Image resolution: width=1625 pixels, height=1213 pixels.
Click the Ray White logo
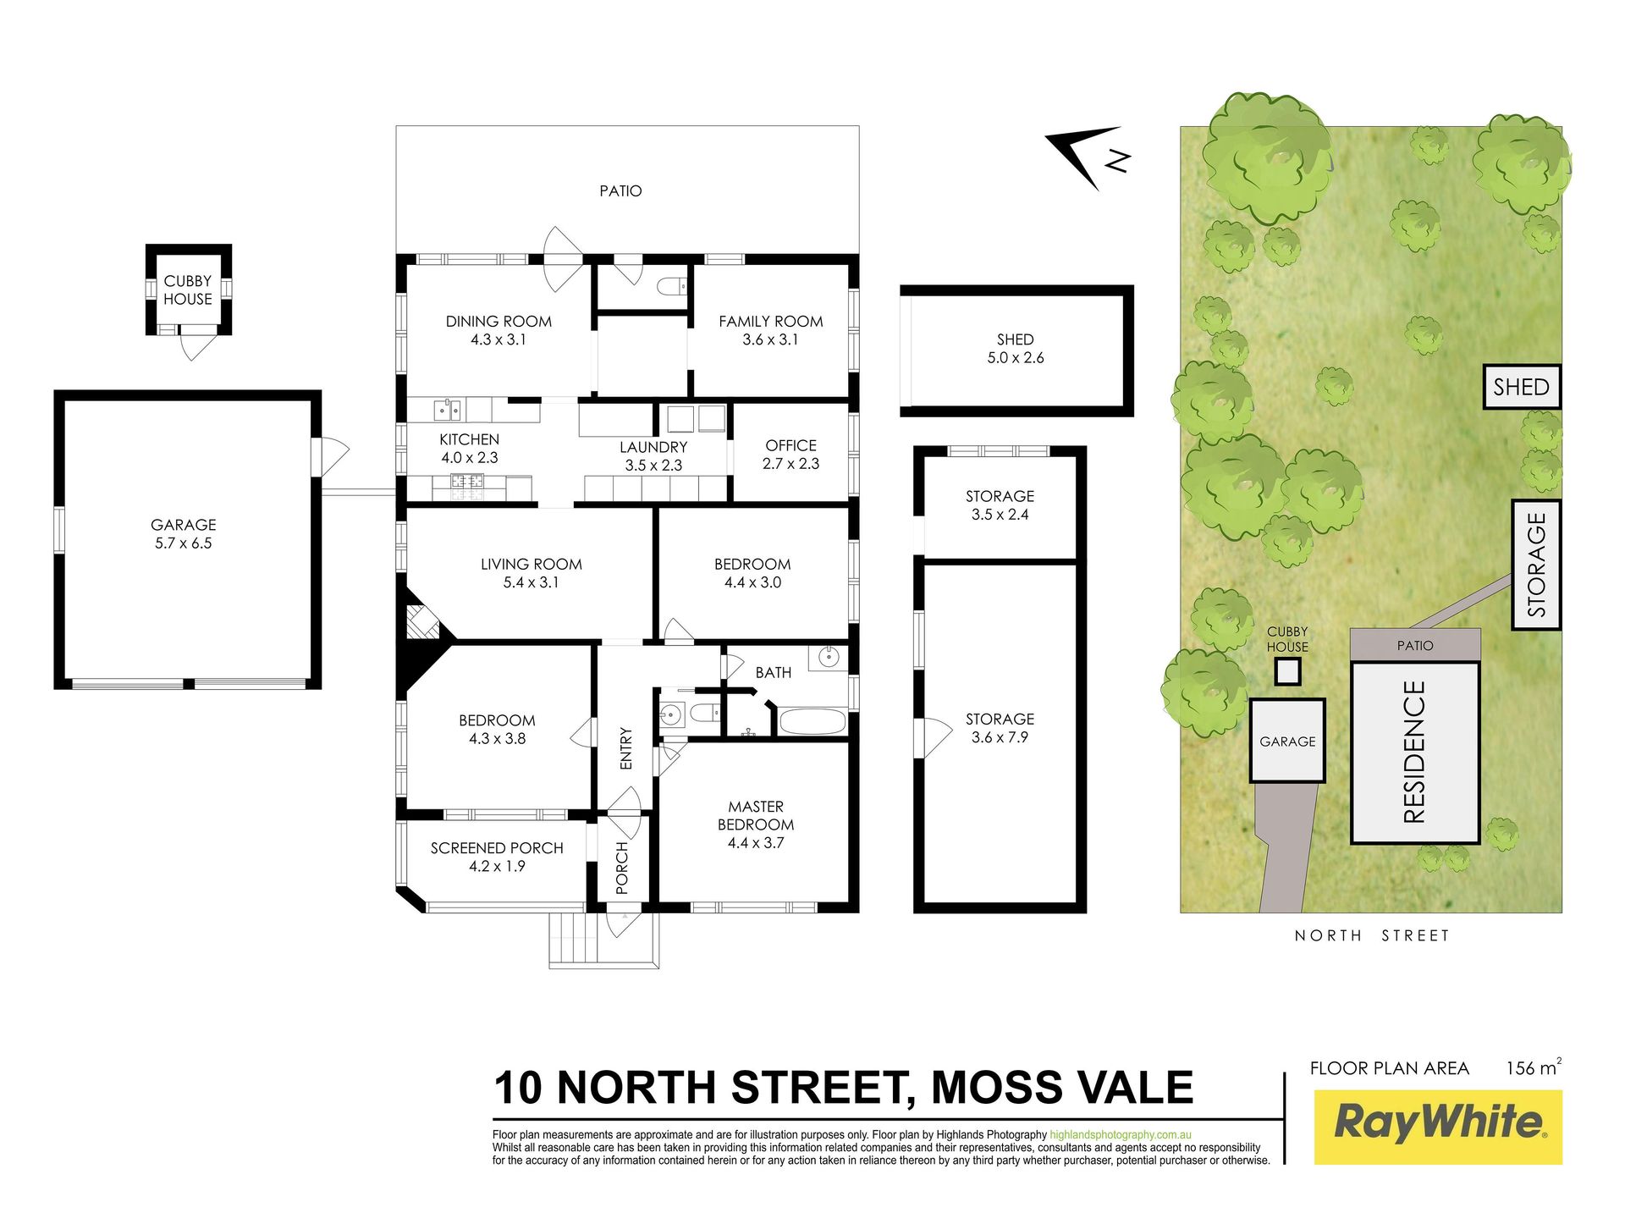[1438, 1127]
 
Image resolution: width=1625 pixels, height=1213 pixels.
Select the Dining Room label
[499, 322]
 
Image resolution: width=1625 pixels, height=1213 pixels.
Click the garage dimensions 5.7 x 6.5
[184, 543]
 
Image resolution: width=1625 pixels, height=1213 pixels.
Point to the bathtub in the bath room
[812, 722]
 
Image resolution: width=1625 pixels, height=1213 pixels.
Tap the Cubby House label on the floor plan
[188, 289]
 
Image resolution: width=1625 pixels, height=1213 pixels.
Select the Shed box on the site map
[1522, 387]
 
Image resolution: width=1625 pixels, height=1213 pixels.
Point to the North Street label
[1372, 935]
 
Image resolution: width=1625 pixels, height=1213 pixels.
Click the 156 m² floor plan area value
[1534, 1067]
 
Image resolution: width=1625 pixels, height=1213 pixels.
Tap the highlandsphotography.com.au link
[1121, 1135]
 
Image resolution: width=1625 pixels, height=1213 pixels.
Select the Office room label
[791, 445]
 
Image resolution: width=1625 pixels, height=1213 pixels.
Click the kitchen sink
[448, 411]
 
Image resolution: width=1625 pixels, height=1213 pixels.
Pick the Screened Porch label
[497, 848]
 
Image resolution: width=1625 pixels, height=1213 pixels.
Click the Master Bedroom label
[756, 816]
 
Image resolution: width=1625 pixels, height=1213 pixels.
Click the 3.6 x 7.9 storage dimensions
[1000, 737]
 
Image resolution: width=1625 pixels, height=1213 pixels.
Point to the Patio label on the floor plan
[620, 191]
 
